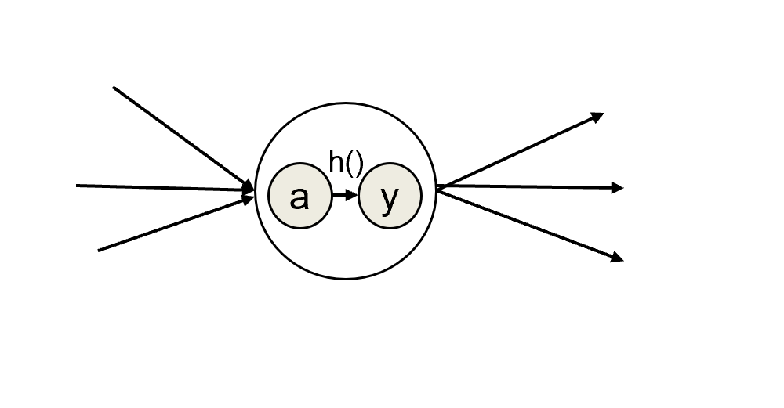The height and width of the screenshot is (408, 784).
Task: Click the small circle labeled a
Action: [x=299, y=197]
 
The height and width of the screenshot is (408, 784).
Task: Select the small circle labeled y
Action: [x=390, y=197]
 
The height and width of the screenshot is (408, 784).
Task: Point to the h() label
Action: [x=346, y=163]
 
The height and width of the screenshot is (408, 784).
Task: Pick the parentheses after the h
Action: [x=354, y=164]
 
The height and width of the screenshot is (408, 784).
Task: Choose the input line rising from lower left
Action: [x=172, y=224]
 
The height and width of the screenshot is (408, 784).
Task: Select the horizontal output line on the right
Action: [x=525, y=187]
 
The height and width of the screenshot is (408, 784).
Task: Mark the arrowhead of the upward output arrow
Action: [x=598, y=117]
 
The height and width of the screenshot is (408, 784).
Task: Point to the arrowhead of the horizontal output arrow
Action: [x=618, y=188]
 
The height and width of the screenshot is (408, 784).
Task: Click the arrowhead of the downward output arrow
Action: [x=618, y=256]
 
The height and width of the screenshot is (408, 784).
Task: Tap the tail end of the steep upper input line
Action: [x=114, y=88]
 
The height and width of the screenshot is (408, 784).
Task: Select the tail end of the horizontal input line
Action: [x=78, y=186]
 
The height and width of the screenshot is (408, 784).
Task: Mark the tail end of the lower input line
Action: [x=100, y=250]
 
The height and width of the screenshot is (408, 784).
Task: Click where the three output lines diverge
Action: [x=438, y=187]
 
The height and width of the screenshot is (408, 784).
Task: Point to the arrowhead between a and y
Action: [x=352, y=196]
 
